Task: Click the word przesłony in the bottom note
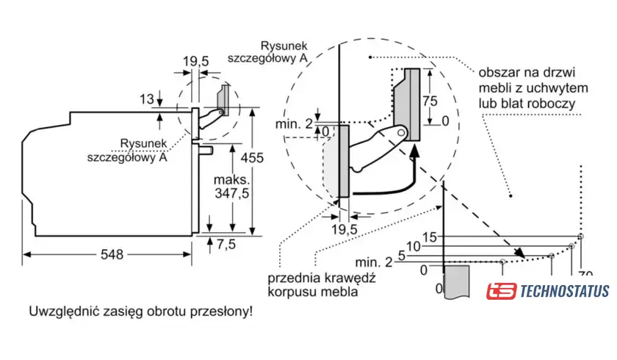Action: [x=222, y=311]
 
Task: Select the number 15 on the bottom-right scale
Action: [x=430, y=237]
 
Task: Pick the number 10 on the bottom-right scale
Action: [x=414, y=245]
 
